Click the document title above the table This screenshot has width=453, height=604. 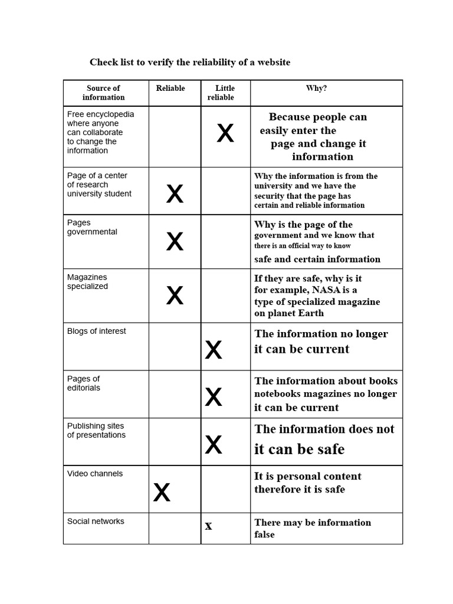pyautogui.click(x=190, y=62)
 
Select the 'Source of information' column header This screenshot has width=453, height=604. pyautogui.click(x=103, y=93)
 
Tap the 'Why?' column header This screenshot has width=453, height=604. pyautogui.click(x=316, y=88)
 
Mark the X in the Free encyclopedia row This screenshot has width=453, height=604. pyautogui.click(x=225, y=134)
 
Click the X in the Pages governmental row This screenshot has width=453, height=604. pyautogui.click(x=175, y=241)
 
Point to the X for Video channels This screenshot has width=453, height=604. pyautogui.click(x=162, y=492)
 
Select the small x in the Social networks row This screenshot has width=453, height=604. pyautogui.click(x=208, y=526)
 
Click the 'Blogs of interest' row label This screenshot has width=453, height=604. pyautogui.click(x=96, y=331)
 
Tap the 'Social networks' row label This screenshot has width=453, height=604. pyautogui.click(x=96, y=521)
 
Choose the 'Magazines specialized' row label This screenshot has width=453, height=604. pyautogui.click(x=87, y=282)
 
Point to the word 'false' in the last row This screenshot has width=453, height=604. pyautogui.click(x=264, y=534)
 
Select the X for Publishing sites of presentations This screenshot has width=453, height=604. pyautogui.click(x=214, y=445)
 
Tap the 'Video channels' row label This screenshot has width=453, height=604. pyautogui.click(x=94, y=474)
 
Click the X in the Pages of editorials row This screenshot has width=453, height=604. pyautogui.click(x=214, y=398)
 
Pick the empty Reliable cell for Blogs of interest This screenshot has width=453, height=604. pyautogui.click(x=175, y=346)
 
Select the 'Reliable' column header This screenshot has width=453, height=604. pyautogui.click(x=170, y=88)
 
